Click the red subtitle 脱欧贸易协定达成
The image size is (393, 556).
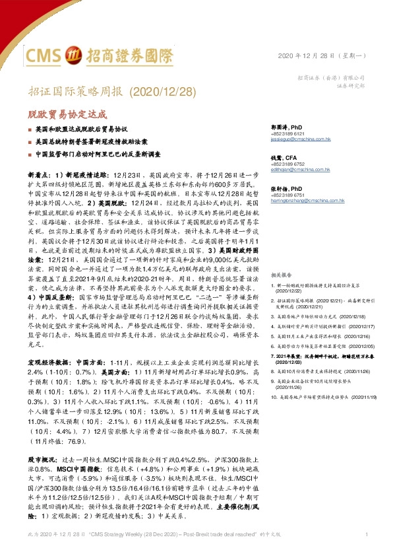(66, 114)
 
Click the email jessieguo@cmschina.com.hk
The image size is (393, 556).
(298, 140)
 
